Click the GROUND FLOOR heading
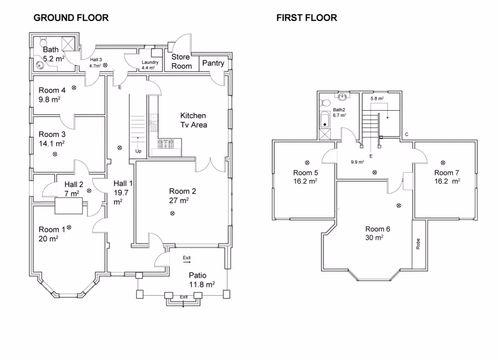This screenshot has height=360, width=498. coord(71,18)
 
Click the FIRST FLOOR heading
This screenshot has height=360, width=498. coord(307,18)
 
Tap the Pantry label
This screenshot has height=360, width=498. coord(213,63)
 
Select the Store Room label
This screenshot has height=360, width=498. coord(181,61)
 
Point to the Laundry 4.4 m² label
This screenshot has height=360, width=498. coord(150,65)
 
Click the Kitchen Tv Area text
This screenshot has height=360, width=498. coord(193,120)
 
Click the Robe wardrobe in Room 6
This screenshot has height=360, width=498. coord(419,244)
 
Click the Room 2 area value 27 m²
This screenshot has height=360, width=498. coord(179,201)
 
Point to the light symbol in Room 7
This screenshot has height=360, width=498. coord(443,162)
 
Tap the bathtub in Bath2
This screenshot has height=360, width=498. coord(324,120)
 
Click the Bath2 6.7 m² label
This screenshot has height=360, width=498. coord(339,112)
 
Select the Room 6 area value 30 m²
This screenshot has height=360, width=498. coord(374,238)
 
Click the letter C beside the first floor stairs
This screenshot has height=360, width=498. coord(407,134)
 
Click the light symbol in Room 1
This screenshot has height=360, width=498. coord(69,227)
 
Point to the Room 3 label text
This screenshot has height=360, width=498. coord(52,134)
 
